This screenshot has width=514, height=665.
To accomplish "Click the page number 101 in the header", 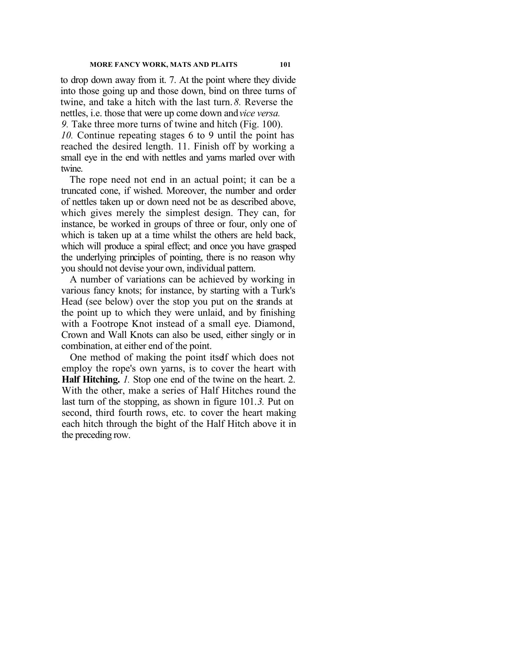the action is pos(285,64).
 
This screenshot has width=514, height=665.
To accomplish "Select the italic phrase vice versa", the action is pos(260,113).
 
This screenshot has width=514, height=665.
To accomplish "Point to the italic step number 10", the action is pos(67,135).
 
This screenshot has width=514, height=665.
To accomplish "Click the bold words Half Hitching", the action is pos(91,380).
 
